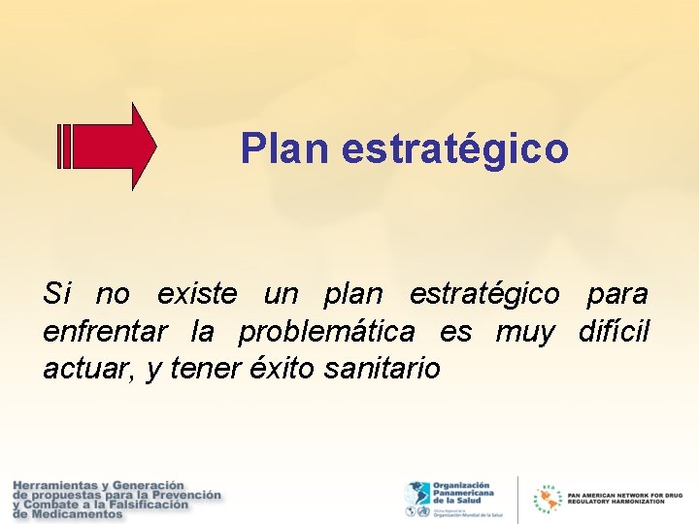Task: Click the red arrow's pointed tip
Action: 152,147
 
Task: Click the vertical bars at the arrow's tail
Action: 66,147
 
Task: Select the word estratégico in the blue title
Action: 450,149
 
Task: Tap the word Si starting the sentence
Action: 56,292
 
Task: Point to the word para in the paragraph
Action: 616,293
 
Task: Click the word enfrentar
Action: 105,331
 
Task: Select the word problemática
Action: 326,331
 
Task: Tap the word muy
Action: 524,332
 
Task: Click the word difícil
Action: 614,331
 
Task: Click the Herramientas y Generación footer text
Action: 116,499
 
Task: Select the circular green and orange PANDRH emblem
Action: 548,500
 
